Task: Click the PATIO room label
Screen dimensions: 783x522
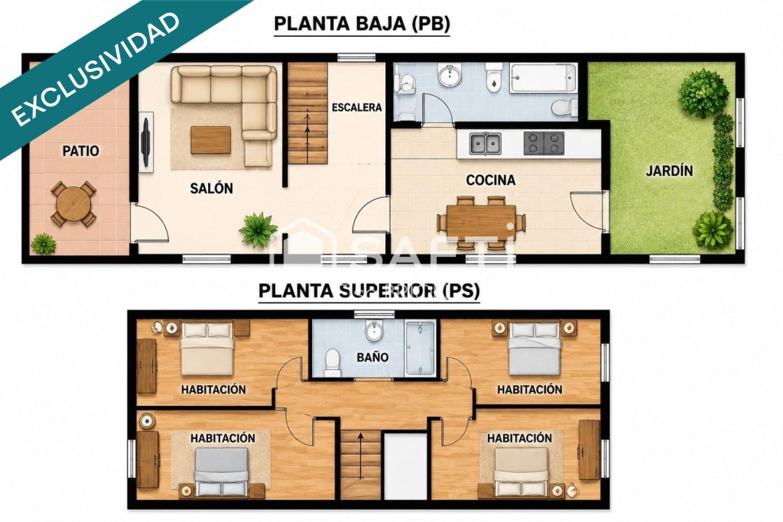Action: pos(80,151)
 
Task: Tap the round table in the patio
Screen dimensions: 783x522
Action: pos(73,203)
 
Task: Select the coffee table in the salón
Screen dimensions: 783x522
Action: pos(211,140)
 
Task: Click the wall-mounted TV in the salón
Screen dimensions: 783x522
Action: pos(146,142)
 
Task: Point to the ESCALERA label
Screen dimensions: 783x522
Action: pos(356,107)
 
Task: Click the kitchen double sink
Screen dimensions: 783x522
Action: pos(485,143)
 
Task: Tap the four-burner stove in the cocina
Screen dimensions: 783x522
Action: pos(544,143)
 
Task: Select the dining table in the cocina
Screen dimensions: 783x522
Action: pos(481,222)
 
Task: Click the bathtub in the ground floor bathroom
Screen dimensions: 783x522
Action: pos(544,79)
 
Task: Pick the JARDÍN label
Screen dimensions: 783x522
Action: pos(669,170)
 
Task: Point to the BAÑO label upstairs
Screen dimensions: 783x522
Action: pos(372,358)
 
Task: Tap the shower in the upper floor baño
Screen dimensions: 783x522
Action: pos(420,348)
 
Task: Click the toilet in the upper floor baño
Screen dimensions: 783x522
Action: pos(332,362)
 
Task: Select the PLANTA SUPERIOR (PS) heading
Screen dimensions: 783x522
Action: pos(369,290)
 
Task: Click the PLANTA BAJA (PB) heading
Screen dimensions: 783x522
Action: pos(362,24)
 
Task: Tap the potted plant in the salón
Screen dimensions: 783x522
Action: pos(258,229)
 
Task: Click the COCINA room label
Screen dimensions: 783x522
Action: pos(490,180)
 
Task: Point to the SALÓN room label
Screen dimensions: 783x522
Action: pos(211,188)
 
